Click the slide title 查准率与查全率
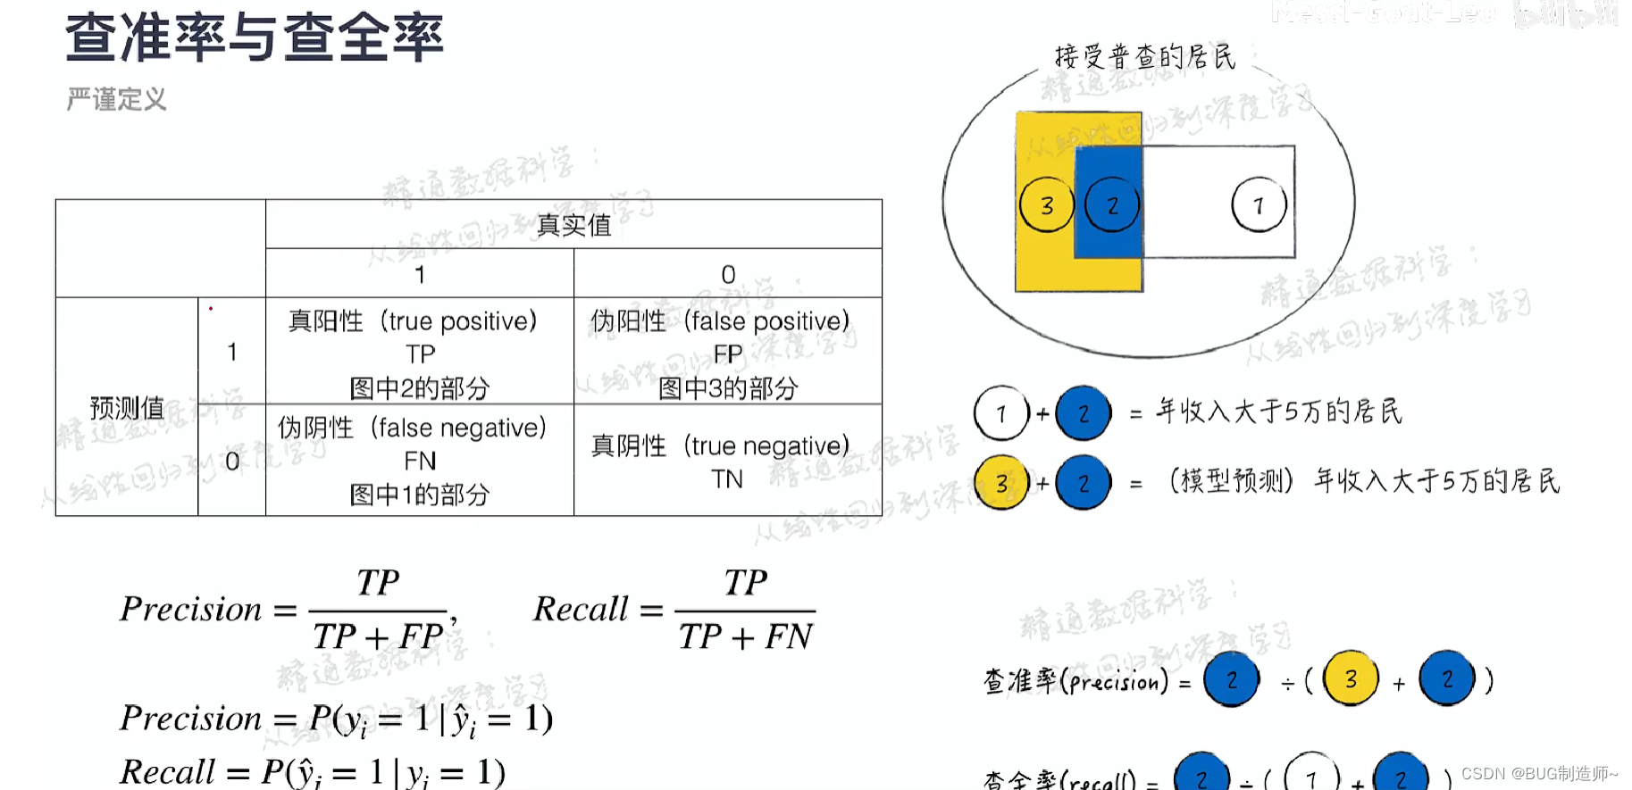(x=255, y=37)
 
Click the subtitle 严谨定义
(x=116, y=99)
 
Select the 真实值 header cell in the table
(x=573, y=225)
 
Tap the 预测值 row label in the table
(x=127, y=408)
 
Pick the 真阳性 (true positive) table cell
(x=419, y=353)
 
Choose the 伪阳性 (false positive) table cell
(x=727, y=353)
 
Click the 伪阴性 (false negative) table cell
(x=419, y=461)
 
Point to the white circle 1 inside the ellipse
(x=1259, y=205)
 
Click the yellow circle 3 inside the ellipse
(x=1047, y=205)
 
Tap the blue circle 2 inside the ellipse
(x=1112, y=205)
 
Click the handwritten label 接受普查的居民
(x=1145, y=57)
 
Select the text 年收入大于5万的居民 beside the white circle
(x=1279, y=412)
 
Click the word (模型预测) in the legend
(x=1231, y=482)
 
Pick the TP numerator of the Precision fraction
(x=378, y=583)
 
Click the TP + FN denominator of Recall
(x=745, y=636)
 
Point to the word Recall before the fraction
(x=582, y=609)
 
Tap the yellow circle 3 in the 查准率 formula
(x=1351, y=679)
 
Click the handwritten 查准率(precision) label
(x=1075, y=682)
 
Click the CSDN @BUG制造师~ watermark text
(x=1539, y=773)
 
